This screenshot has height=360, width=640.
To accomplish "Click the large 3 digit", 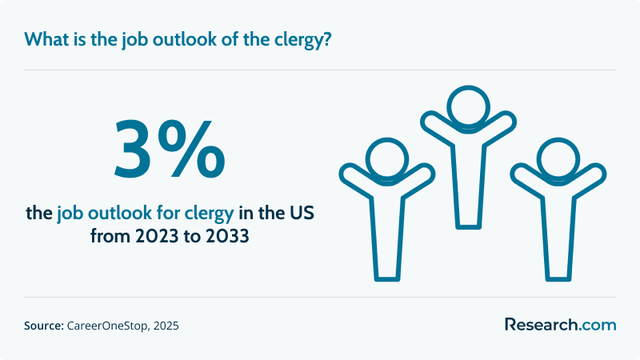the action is coord(134,149).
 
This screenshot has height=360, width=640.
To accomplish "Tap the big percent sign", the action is coord(191,149).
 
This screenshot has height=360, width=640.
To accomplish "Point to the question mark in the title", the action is coord(326,39).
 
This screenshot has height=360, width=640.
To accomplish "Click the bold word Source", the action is coord(44,326).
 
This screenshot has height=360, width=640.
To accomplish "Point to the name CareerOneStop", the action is coord(108,326).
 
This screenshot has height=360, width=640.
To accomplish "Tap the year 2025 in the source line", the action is coord(166,326).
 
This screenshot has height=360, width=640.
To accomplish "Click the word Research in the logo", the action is coord(542,325).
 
